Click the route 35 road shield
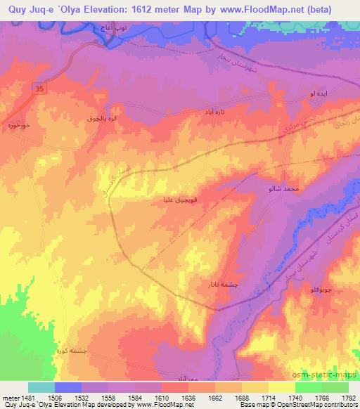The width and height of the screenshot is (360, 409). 40,89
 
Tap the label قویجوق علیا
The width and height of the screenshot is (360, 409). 175,200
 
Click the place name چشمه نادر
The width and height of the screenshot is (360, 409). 213,285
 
